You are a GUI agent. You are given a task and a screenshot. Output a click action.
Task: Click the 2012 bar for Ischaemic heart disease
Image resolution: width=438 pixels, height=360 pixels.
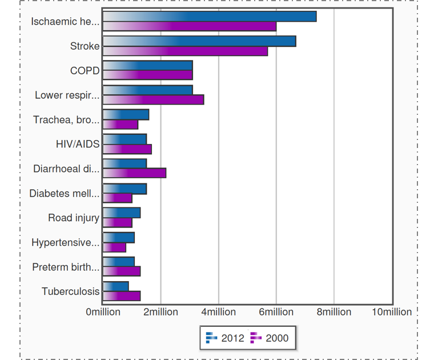(x=210, y=17)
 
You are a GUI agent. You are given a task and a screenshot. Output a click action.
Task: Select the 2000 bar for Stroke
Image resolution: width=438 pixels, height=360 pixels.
(x=185, y=51)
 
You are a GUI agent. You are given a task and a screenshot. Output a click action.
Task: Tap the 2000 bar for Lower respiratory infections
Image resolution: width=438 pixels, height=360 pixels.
(x=153, y=100)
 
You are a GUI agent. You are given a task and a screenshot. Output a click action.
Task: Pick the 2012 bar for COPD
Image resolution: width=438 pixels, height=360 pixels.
(x=147, y=66)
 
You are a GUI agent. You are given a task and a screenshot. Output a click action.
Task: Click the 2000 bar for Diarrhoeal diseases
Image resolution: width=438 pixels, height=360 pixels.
(x=134, y=173)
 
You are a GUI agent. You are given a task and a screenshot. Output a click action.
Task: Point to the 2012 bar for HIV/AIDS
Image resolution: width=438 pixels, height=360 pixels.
(x=124, y=139)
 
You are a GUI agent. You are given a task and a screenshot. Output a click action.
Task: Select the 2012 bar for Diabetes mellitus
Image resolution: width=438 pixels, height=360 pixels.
(x=124, y=189)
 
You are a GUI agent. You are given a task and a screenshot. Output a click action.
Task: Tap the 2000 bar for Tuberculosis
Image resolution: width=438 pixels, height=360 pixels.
(x=122, y=296)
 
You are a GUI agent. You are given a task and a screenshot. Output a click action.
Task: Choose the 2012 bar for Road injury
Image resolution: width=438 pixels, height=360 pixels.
(x=122, y=213)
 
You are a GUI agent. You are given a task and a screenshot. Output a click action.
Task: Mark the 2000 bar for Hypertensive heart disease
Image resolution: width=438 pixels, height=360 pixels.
(x=114, y=247)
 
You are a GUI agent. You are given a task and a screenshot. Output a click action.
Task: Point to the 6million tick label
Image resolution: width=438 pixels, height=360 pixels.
(x=276, y=312)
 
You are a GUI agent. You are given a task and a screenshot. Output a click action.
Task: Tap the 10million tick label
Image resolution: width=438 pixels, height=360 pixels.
(x=392, y=312)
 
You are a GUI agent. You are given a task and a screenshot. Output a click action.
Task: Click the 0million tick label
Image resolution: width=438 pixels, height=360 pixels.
(x=103, y=312)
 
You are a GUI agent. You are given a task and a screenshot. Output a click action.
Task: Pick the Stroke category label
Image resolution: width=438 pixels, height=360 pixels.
(x=85, y=46)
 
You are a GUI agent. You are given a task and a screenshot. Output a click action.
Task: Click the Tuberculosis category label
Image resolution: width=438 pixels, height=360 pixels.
(x=70, y=291)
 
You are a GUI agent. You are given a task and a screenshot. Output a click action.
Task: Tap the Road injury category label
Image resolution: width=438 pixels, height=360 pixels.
(x=74, y=218)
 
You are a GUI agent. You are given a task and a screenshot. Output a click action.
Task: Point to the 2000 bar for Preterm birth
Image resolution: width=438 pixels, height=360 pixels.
(x=122, y=271)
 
